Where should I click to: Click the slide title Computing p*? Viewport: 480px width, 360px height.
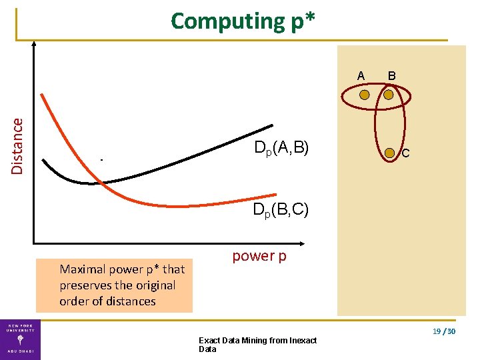(243, 21)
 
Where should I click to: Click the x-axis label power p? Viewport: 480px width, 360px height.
(259, 256)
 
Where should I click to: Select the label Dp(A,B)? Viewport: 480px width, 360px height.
(281, 149)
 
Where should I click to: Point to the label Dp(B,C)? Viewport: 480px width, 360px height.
(280, 210)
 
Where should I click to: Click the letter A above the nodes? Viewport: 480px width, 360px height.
(361, 76)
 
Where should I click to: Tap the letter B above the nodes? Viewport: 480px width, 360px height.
(391, 76)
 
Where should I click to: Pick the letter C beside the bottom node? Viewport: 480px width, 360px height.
(405, 155)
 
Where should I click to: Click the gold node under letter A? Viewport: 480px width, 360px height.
(364, 95)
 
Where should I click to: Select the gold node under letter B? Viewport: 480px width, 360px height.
(389, 95)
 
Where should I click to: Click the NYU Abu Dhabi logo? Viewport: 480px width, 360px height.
(20, 339)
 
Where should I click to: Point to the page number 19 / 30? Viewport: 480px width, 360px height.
(443, 331)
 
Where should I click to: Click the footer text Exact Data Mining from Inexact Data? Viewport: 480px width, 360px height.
(257, 345)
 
